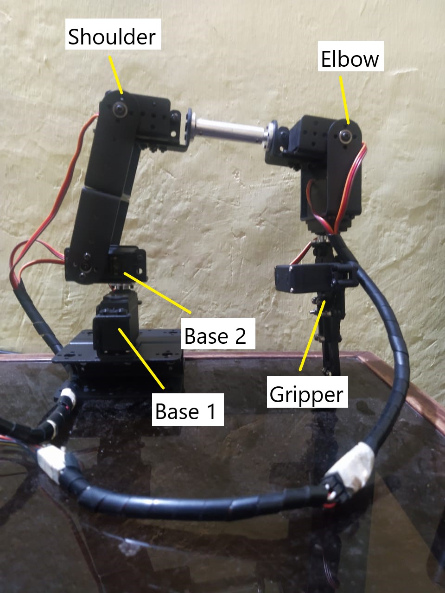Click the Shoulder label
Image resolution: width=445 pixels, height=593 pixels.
112,36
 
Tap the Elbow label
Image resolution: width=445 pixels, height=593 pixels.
350,59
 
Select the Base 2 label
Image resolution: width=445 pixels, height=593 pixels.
215,335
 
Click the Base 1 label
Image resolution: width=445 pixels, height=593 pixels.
186,411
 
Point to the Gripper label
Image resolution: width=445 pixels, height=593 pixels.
306,394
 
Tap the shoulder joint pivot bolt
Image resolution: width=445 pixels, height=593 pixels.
122,110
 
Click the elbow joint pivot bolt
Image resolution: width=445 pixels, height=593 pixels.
345,136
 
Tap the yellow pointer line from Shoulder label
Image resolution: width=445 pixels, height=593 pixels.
116,74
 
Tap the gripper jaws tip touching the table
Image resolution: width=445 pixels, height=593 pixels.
330,368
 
